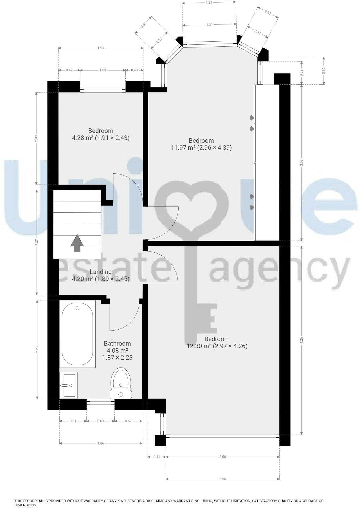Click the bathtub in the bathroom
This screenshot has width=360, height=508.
pyautogui.click(x=77, y=334)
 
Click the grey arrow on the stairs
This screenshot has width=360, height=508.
pyautogui.click(x=77, y=244)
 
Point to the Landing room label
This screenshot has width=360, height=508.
pyautogui.click(x=101, y=272)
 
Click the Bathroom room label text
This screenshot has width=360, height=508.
pyautogui.click(x=117, y=343)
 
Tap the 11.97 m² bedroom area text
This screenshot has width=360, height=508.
pyautogui.click(x=201, y=148)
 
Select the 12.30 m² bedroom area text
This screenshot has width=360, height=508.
pyautogui.click(x=217, y=346)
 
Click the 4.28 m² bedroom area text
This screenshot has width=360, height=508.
pyautogui.click(x=101, y=138)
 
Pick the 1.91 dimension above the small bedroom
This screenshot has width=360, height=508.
pyautogui.click(x=101, y=48)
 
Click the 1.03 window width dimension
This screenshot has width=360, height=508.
pyautogui.click(x=103, y=70)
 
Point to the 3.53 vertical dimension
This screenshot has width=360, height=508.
pyautogui.click(x=302, y=163)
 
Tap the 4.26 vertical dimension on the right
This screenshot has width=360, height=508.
pyautogui.click(x=302, y=340)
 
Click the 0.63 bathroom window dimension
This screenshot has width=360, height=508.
pyautogui.click(x=100, y=421)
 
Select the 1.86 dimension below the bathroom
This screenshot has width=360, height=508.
pyautogui.click(x=101, y=443)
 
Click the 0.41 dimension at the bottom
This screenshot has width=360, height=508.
pyautogui.click(x=157, y=457)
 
